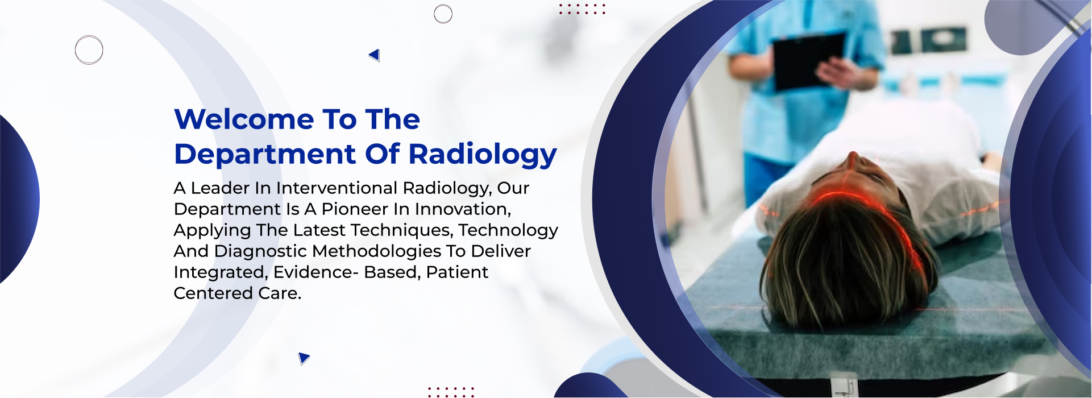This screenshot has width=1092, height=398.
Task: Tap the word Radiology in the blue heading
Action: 483,155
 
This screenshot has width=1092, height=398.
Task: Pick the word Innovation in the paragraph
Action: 463,209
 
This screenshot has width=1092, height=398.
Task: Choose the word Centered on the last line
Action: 213,293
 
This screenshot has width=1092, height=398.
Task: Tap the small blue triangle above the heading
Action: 375,55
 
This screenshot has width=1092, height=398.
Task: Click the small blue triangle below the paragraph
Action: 304,358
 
